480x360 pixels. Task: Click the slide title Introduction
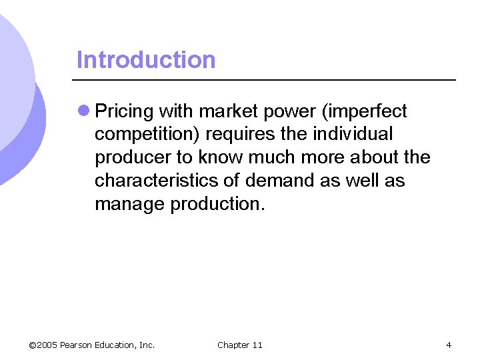146,60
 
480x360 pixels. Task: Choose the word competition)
147,135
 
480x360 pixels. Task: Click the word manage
130,204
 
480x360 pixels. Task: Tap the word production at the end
217,204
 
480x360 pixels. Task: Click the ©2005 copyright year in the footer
43,345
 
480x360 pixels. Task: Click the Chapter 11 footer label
240,345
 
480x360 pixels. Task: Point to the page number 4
449,345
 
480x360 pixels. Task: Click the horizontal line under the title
266,80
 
